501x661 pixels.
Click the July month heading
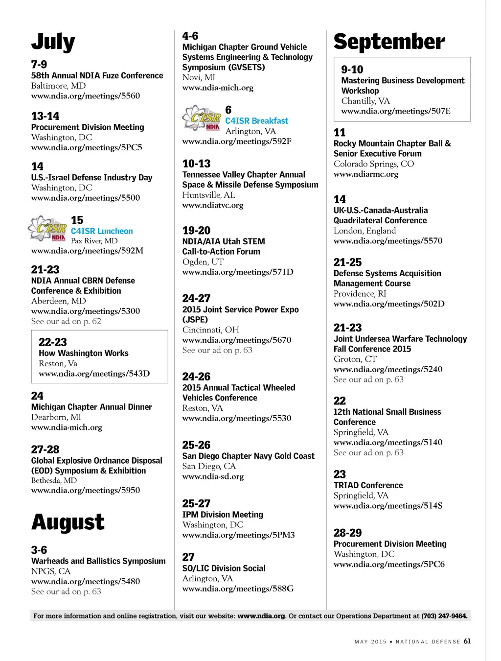[x=53, y=43]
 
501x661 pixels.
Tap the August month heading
[x=68, y=522]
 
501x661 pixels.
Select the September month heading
[x=389, y=42]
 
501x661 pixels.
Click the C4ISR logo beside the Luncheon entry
[x=48, y=229]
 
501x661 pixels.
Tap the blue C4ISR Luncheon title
[x=102, y=231]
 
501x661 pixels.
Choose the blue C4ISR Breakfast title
[x=256, y=121]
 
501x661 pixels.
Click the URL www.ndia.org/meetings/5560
[x=86, y=96]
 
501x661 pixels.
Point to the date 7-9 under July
[x=39, y=65]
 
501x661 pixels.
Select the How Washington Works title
[x=84, y=353]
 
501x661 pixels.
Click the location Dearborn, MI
[x=56, y=417]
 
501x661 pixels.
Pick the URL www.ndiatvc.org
[x=213, y=205]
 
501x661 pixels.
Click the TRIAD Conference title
[x=368, y=485]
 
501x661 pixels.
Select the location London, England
[x=364, y=231]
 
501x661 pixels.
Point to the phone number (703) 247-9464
[x=444, y=616]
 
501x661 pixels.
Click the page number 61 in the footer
[x=467, y=641]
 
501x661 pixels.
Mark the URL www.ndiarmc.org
[x=366, y=174]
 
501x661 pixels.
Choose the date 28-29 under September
[x=347, y=533]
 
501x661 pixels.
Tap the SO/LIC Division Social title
[x=224, y=568]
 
